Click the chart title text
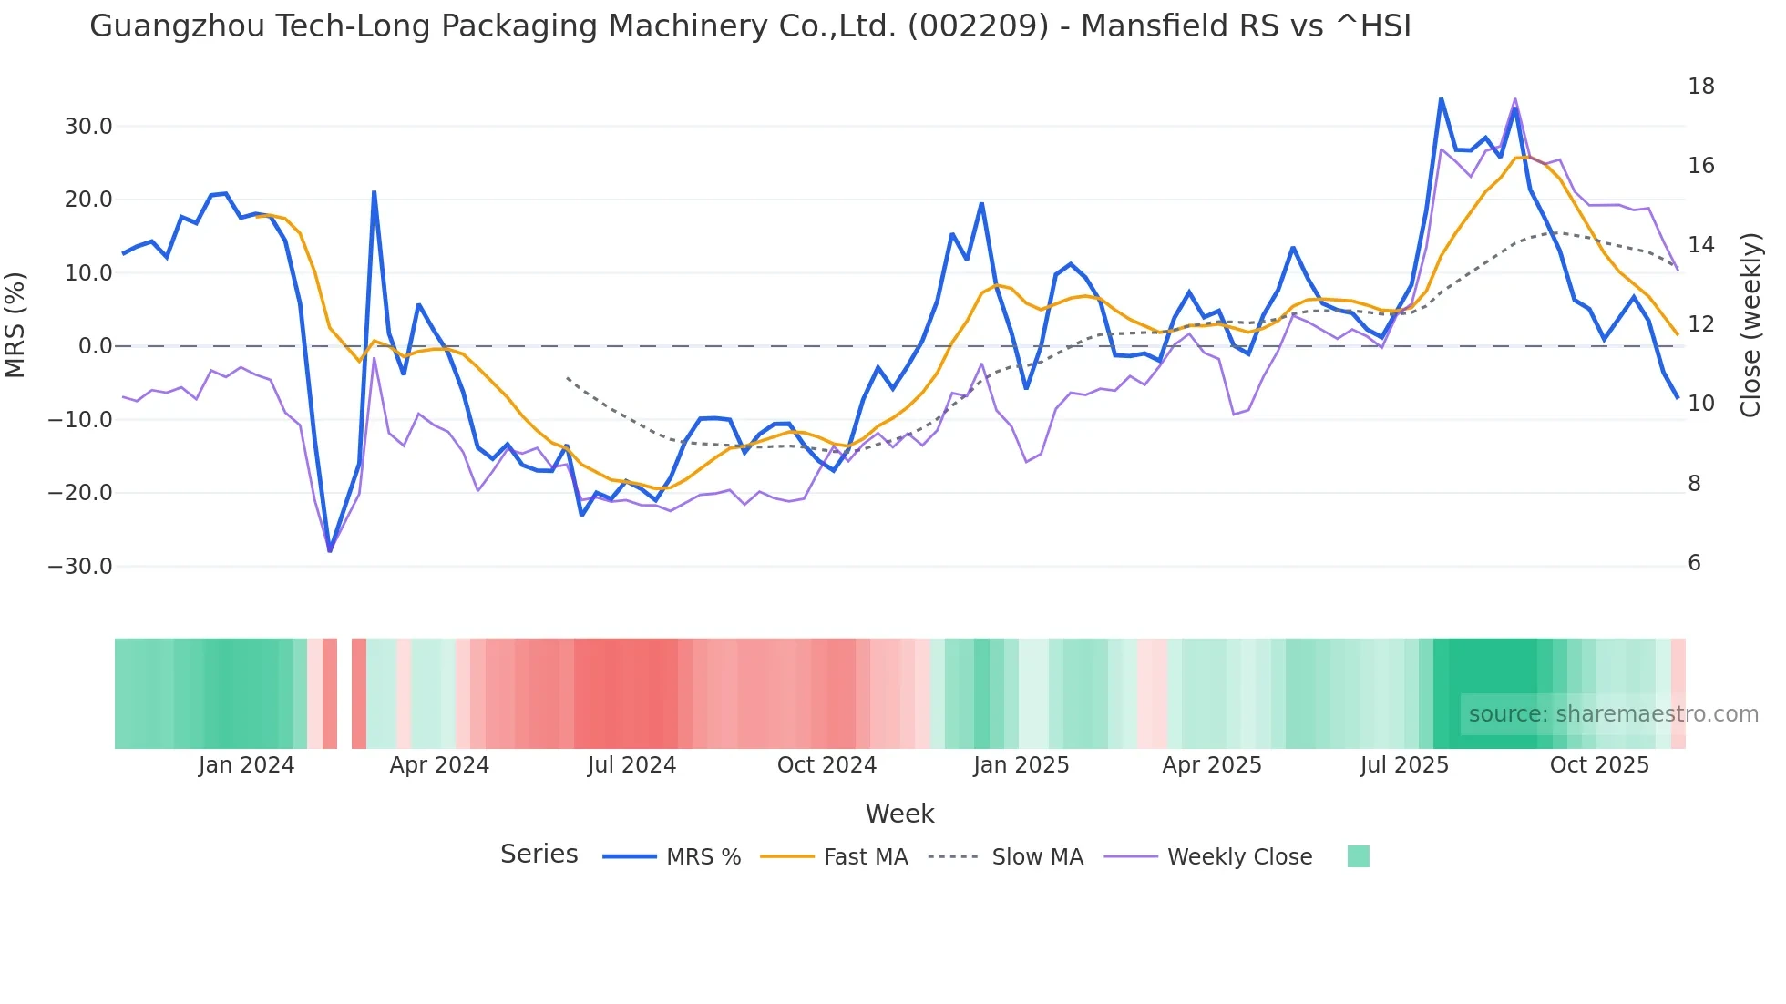click(x=750, y=26)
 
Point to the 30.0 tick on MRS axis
click(x=88, y=127)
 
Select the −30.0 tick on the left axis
click(x=81, y=567)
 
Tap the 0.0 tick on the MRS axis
click(x=95, y=346)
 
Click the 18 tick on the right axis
click(x=1700, y=87)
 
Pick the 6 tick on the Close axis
click(x=1694, y=563)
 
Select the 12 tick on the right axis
click(x=1700, y=324)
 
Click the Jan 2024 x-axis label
click(x=246, y=765)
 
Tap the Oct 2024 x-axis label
click(x=826, y=765)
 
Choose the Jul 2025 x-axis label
click(x=1404, y=765)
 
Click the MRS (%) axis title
click(x=15, y=325)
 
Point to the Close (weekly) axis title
click(x=1750, y=325)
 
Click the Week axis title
click(x=899, y=814)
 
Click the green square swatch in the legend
click(x=1358, y=857)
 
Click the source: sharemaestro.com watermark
click(x=1613, y=714)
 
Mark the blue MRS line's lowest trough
click(x=330, y=550)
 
